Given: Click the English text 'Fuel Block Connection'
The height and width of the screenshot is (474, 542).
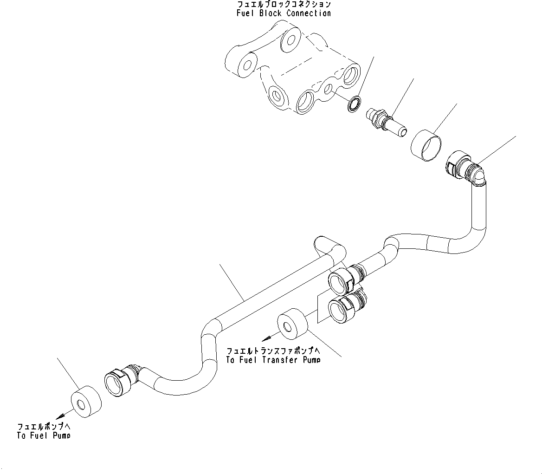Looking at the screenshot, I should click(284, 13).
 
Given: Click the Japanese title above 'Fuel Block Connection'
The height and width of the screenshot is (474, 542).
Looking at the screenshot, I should click(284, 4).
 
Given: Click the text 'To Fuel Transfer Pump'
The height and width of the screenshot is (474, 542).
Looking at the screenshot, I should click(273, 359).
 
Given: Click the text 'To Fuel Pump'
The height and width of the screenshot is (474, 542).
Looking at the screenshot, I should click(44, 436).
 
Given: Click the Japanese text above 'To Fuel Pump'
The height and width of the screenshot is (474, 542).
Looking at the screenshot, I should click(44, 426).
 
